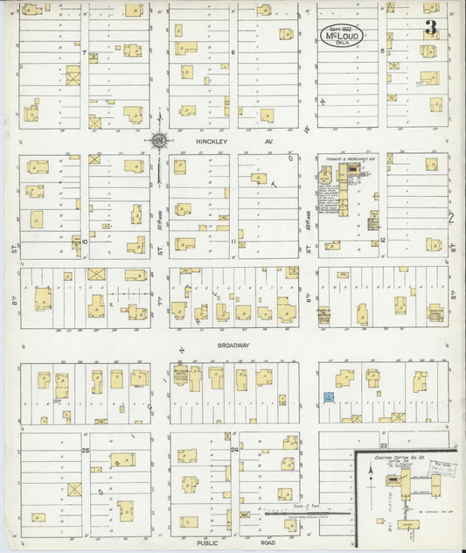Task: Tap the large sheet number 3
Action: point(430,27)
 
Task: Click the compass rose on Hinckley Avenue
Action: point(160,139)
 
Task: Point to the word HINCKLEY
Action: point(212,138)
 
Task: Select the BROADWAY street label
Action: point(233,345)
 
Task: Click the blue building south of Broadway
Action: point(329,397)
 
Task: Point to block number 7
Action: point(86,52)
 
